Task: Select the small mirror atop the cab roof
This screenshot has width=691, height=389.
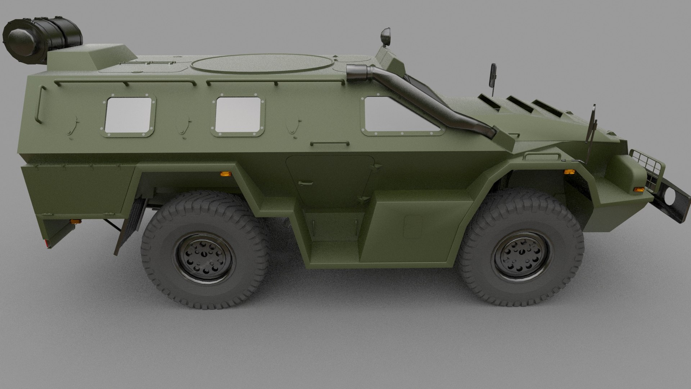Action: click(x=386, y=36)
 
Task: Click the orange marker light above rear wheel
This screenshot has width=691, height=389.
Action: click(x=226, y=174)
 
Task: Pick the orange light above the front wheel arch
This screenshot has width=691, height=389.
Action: click(x=569, y=172)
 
